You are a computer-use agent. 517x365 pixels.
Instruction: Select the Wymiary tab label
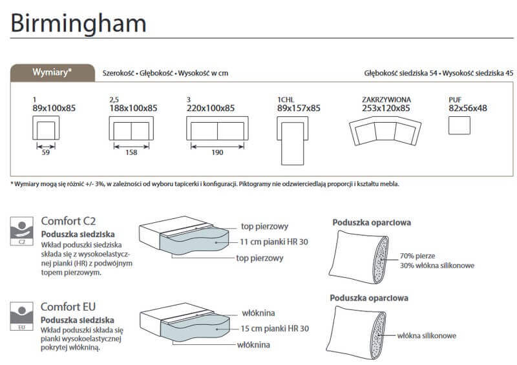[52, 72]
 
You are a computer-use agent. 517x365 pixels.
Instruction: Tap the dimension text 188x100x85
[132, 108]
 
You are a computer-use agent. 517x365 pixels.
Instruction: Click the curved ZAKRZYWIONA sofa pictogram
[386, 132]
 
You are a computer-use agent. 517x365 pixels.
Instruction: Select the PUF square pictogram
[459, 124]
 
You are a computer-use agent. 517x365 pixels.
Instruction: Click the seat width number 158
[131, 152]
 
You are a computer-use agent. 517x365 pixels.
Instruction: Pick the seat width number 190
[217, 152]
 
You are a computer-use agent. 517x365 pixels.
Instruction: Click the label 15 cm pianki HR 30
[274, 328]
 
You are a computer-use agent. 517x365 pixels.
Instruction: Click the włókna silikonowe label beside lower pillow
[427, 335]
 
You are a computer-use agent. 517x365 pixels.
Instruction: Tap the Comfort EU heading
[69, 307]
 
